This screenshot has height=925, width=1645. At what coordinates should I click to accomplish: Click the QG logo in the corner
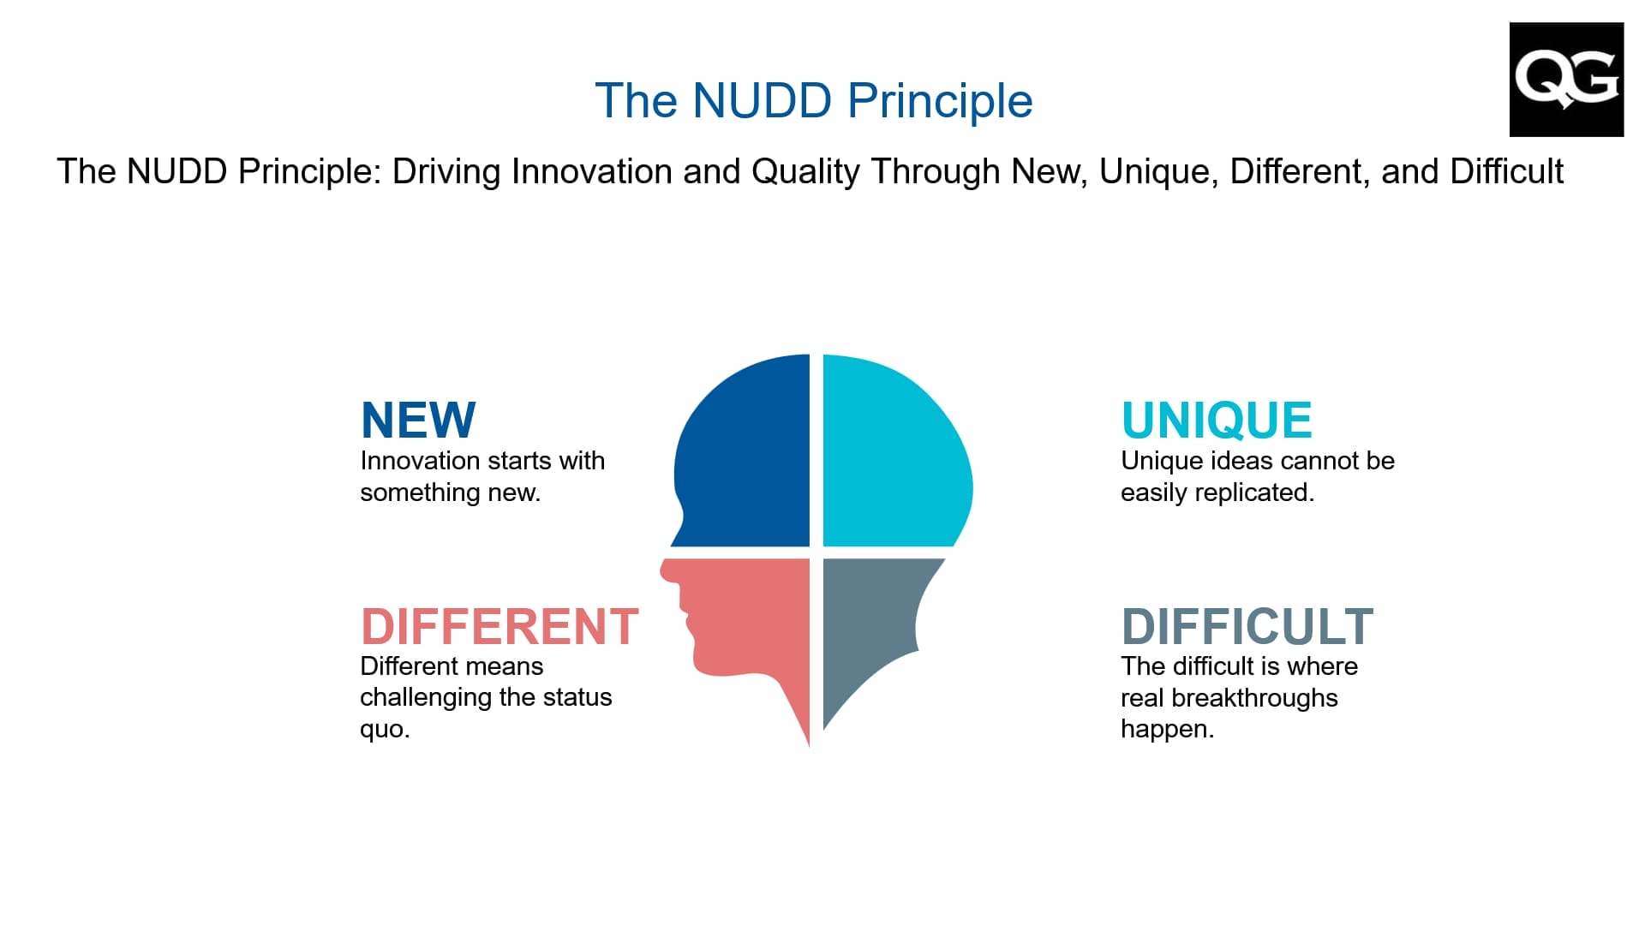(1566, 80)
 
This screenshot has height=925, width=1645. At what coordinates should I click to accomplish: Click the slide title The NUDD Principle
(814, 100)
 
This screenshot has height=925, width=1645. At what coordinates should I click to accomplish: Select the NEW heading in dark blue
(418, 420)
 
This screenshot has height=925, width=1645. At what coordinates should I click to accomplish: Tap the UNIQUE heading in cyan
(1217, 420)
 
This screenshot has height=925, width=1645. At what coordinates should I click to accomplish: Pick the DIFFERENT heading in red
(499, 626)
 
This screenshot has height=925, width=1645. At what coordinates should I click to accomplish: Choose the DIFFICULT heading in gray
(1247, 626)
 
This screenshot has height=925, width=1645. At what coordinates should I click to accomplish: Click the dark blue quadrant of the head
(742, 451)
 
